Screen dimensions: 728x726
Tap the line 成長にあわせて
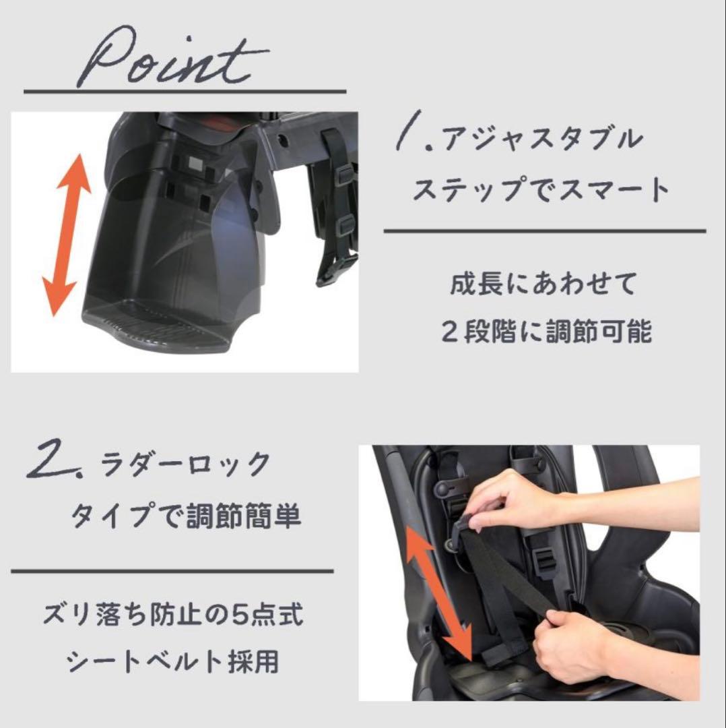click(543, 284)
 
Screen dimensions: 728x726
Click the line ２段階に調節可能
click(546, 332)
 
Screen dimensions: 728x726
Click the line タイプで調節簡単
click(185, 517)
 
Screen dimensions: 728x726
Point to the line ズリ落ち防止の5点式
click(172, 615)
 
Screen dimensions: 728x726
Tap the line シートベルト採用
click(172, 663)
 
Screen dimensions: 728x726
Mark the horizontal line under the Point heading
click(185, 91)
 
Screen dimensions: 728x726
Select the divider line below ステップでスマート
click(544, 231)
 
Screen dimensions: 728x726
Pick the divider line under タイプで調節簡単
click(172, 572)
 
